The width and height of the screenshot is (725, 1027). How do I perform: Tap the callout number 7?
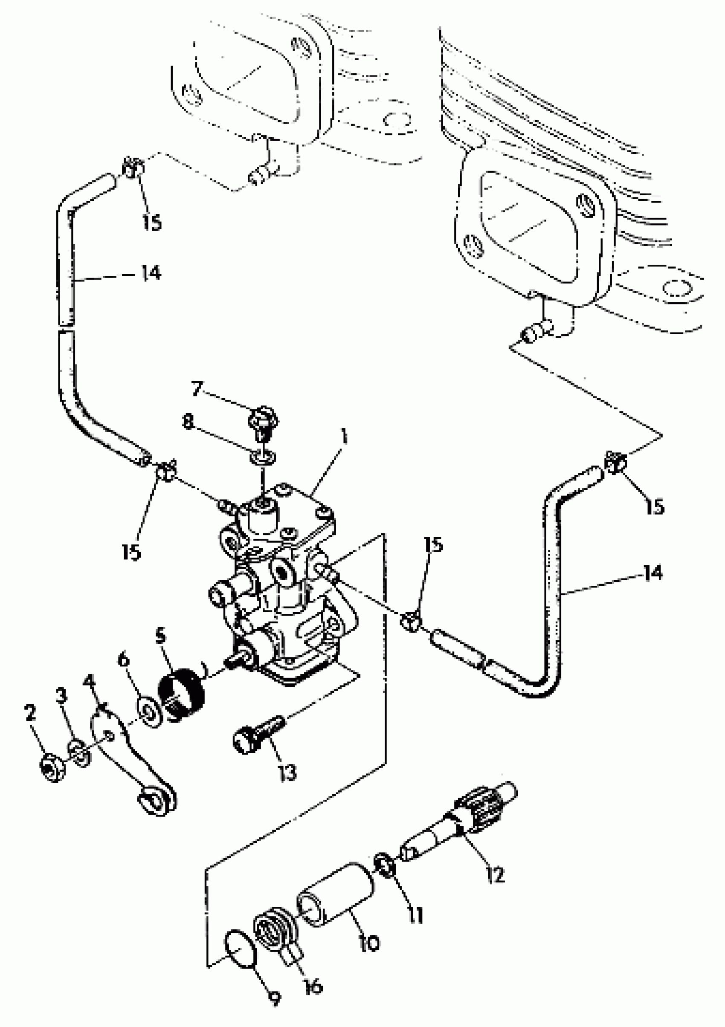197,389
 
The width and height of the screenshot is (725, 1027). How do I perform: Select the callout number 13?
287,772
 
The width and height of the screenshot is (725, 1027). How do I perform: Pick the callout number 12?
495,875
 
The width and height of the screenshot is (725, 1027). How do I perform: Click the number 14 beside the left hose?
151,272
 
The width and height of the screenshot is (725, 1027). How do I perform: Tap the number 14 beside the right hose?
653,573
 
